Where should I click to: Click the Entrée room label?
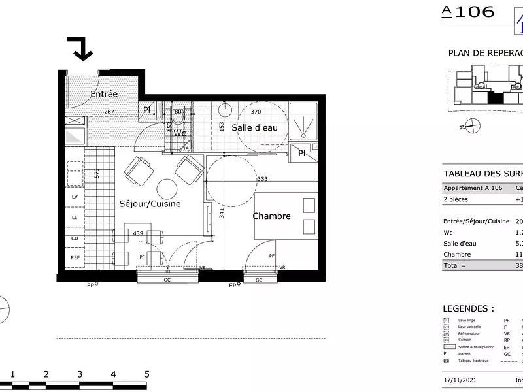click(x=104, y=94)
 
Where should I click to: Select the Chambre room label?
click(x=271, y=216)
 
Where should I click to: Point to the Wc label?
click(x=179, y=133)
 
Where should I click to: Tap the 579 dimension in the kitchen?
click(x=97, y=174)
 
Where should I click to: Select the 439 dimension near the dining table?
click(x=138, y=233)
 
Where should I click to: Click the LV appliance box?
click(x=75, y=197)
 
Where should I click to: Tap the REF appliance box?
click(x=75, y=258)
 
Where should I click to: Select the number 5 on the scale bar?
click(x=147, y=374)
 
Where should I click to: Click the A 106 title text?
click(x=468, y=11)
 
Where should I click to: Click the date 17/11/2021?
click(x=462, y=380)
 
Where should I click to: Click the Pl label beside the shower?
click(x=301, y=154)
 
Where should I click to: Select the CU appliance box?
click(x=75, y=238)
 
